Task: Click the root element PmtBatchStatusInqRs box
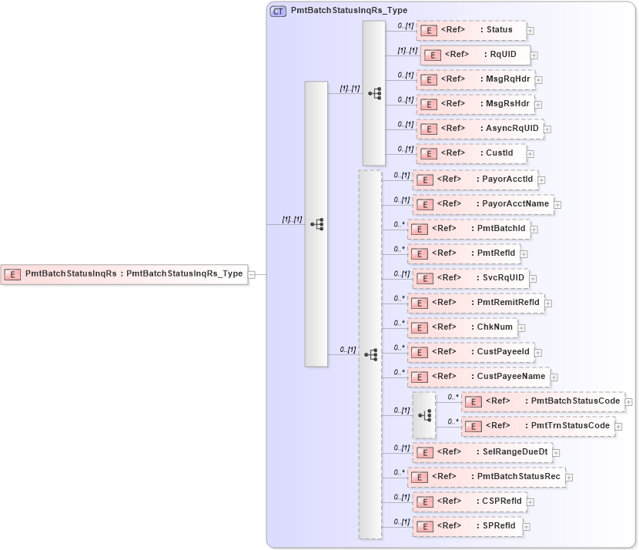tap(124, 273)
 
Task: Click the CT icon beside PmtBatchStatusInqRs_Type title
tap(278, 11)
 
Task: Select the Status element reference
tap(470, 30)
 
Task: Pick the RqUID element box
tap(475, 55)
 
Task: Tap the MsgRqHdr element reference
tap(474, 79)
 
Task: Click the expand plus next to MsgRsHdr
tap(539, 104)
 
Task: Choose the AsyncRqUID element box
tap(480, 129)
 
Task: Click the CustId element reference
tap(471, 153)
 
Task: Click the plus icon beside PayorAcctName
tap(557, 204)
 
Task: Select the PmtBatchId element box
tap(468, 229)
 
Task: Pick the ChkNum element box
tap(461, 327)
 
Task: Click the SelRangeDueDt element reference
tap(481, 452)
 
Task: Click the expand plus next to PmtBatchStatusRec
tap(569, 478)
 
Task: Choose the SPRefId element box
tap(467, 527)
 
